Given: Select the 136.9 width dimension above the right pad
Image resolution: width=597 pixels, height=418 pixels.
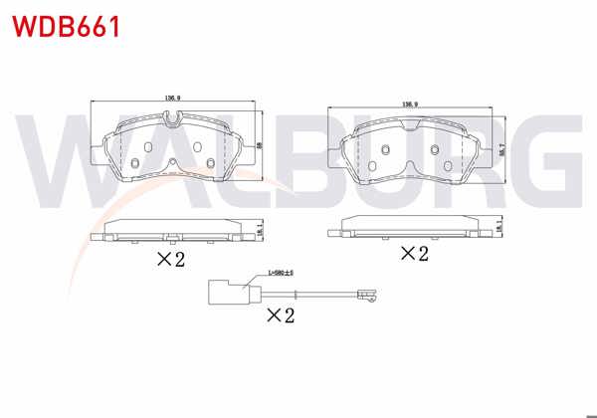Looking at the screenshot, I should point(408,103).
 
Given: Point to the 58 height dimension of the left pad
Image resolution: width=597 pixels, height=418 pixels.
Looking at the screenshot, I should point(259,145).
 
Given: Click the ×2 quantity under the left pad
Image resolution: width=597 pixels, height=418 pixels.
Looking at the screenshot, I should point(171,260).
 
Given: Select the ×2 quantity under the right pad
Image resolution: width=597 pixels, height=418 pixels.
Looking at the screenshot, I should point(413,254).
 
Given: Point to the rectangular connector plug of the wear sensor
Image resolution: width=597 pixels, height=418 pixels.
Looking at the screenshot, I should point(225,293).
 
